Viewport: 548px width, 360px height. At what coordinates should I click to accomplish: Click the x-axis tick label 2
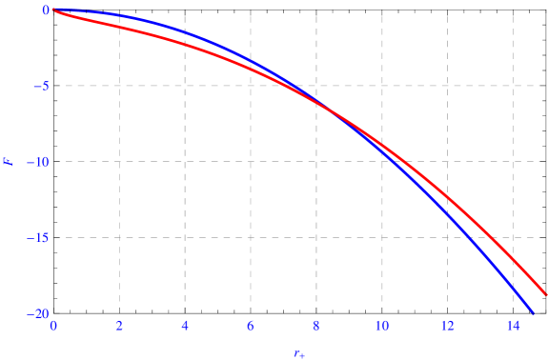pos(119,326)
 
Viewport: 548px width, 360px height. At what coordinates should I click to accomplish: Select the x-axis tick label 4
pos(185,326)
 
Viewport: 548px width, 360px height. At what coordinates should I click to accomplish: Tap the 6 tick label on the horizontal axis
pos(251,326)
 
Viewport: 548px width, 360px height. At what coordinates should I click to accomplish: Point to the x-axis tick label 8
pos(316,326)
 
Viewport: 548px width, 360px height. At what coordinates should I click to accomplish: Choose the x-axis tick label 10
pos(381,326)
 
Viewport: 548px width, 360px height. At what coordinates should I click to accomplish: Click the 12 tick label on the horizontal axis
pos(447,326)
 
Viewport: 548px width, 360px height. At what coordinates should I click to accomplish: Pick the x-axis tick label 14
pos(513,326)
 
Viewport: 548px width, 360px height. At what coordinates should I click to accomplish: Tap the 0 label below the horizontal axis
pos(53,326)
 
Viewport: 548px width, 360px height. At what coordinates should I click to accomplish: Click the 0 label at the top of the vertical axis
pos(44,10)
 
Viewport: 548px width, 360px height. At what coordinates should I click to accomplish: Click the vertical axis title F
pos(9,162)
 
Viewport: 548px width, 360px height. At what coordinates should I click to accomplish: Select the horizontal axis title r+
pos(299,353)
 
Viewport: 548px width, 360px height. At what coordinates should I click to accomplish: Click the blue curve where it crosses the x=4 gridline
pos(185,32)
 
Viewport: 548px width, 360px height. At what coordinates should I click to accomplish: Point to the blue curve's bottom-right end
pos(534,313)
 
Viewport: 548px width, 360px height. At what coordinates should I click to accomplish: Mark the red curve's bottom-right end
pos(546,294)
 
